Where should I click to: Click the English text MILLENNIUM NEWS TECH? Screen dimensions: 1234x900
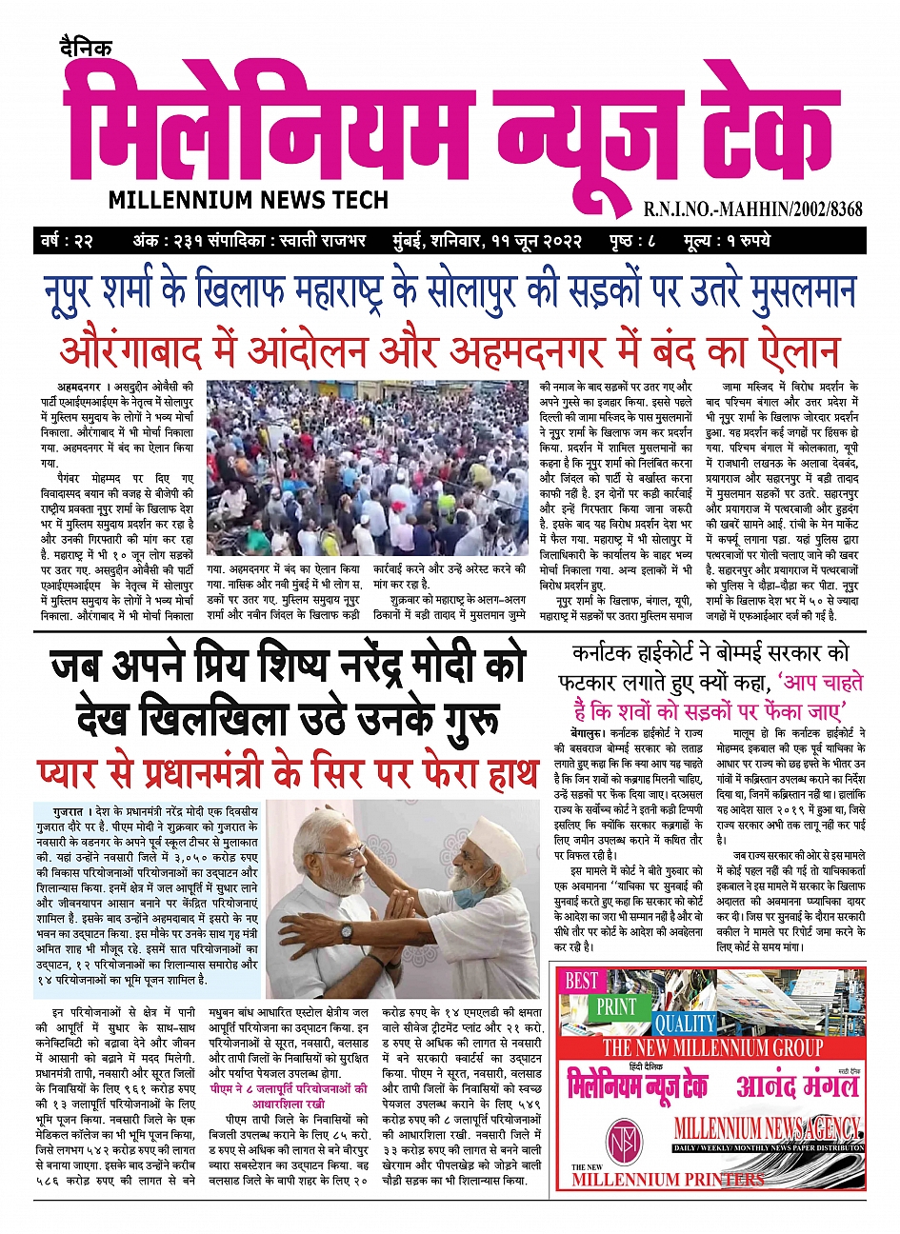coord(249,200)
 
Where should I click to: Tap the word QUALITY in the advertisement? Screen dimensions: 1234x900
coord(684,1024)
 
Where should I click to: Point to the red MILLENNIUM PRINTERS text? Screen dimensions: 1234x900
coord(668,1180)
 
